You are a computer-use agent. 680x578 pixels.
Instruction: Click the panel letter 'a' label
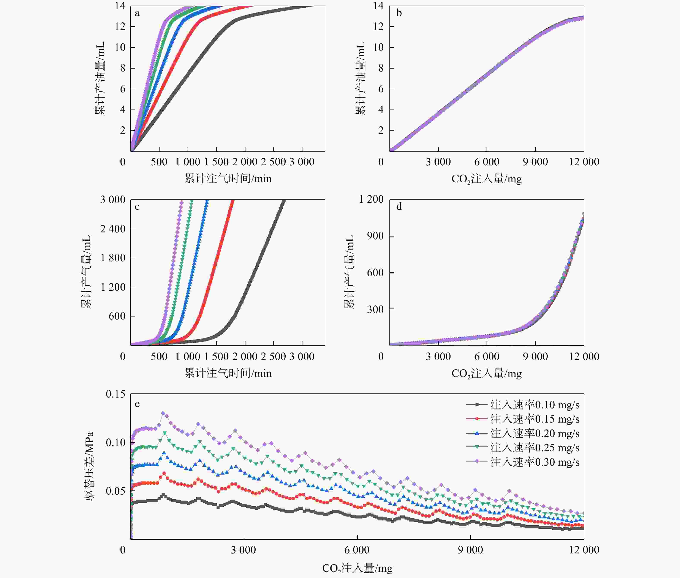click(137, 13)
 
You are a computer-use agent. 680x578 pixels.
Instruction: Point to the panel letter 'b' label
click(399, 13)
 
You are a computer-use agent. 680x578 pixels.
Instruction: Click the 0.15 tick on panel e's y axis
click(115, 394)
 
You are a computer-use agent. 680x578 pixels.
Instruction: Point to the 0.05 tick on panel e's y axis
click(115, 491)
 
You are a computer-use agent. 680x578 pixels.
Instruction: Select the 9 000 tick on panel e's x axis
click(470, 550)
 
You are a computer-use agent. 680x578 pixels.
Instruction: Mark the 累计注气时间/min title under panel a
click(228, 179)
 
